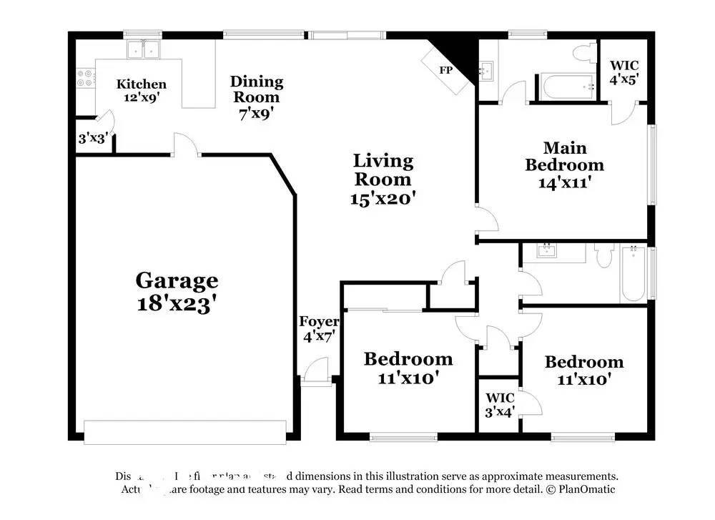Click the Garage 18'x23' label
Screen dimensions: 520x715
pos(177,291)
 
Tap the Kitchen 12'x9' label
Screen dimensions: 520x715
pos(142,91)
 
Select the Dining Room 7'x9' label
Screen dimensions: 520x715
pos(256,97)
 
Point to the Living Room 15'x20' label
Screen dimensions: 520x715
pos(383,179)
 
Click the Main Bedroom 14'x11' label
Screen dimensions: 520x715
pos(564,165)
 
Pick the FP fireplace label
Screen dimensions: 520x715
pos(445,70)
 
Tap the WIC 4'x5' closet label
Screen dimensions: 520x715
pos(623,72)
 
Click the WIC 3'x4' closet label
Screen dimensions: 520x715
pos(500,404)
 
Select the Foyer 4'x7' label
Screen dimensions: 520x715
pos(318,328)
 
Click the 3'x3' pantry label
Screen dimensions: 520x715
pos(92,138)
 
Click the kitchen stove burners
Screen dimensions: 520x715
pos(85,77)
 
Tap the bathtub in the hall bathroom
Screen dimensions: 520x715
pos(633,274)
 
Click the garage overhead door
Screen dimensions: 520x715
pos(185,430)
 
